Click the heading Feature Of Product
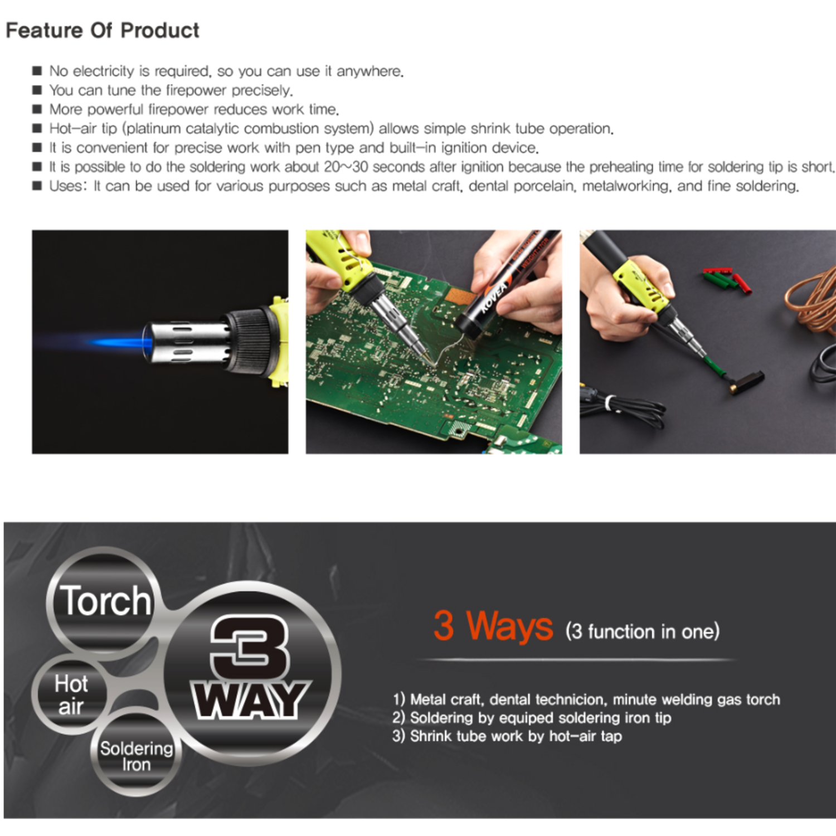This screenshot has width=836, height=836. pyautogui.click(x=103, y=31)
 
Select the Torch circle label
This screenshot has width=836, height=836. pyautogui.click(x=105, y=601)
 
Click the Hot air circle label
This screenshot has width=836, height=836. pyautogui.click(x=71, y=695)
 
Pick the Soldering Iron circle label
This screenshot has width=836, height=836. pyautogui.click(x=137, y=756)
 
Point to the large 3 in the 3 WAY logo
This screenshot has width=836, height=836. pyautogui.click(x=250, y=647)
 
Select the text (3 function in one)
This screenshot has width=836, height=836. pyautogui.click(x=643, y=631)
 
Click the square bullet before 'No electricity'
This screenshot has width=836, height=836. pyautogui.click(x=37, y=71)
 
